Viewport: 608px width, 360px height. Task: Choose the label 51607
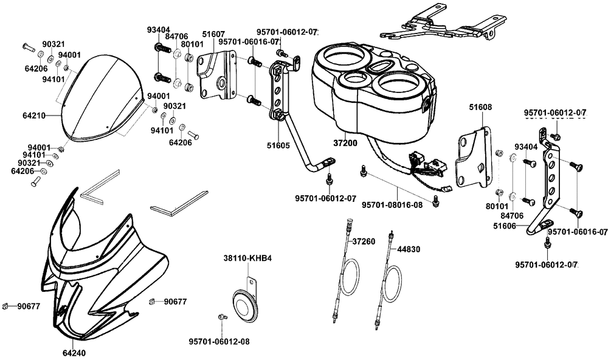(214, 34)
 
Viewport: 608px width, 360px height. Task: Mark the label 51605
(278, 145)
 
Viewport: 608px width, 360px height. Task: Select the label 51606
(505, 225)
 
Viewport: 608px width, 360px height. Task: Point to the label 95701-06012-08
(219, 342)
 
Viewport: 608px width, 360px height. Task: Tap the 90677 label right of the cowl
(175, 301)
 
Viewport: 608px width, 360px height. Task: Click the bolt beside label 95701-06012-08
(222, 317)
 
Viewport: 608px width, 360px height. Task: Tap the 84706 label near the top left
(176, 36)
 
